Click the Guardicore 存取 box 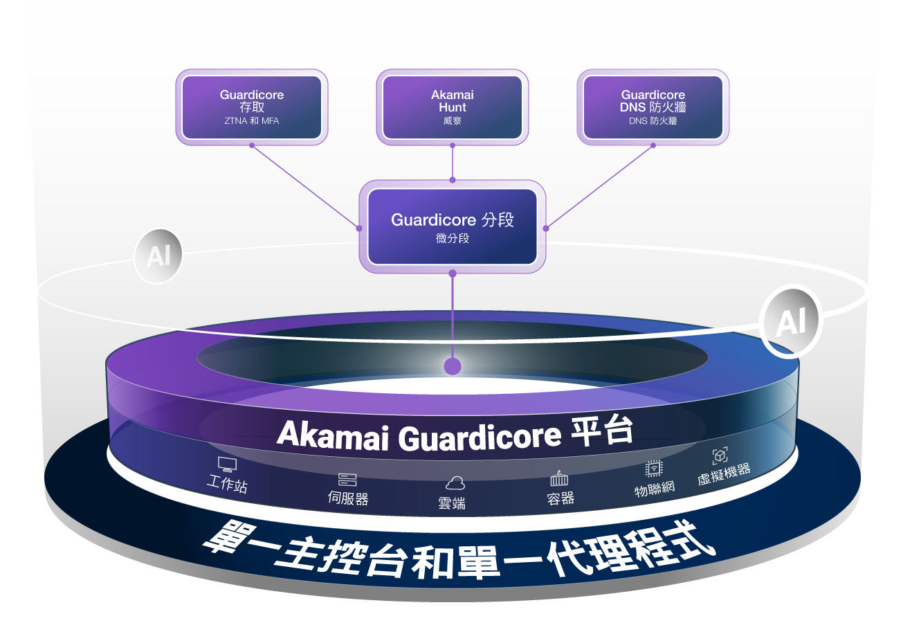(x=252, y=107)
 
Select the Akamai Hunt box (x=453, y=107)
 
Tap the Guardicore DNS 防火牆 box (x=653, y=107)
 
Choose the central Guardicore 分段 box (x=453, y=227)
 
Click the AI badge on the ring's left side (x=158, y=256)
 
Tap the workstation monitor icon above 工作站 (x=227, y=465)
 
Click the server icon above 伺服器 (x=347, y=480)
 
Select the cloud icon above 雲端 (x=455, y=483)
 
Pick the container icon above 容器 (x=559, y=478)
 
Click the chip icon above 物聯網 (x=653, y=469)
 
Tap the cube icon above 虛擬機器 (x=720, y=455)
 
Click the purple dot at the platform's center (x=453, y=366)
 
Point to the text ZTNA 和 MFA (x=252, y=121)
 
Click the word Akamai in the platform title (x=333, y=435)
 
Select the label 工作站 (x=227, y=483)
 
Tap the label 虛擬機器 (x=724, y=475)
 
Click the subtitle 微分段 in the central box (x=453, y=238)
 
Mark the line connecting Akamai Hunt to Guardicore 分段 (x=453, y=163)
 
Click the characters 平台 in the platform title (x=602, y=431)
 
